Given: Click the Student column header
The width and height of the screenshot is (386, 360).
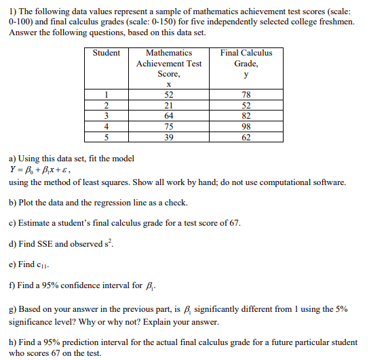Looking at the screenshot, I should pos(107,52).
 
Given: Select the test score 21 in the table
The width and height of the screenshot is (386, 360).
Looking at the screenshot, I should pos(169,106).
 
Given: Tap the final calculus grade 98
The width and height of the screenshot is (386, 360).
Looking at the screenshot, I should pos(246,125).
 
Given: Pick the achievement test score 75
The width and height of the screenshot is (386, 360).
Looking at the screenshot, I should pos(169,125).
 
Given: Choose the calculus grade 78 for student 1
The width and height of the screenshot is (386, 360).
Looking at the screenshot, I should pos(246,96).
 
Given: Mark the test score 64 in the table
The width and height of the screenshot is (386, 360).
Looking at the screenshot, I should pos(169,116).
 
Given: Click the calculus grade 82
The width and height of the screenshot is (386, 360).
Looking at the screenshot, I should pos(246,116).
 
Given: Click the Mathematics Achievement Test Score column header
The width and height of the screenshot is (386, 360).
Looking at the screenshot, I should pos(169,63).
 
